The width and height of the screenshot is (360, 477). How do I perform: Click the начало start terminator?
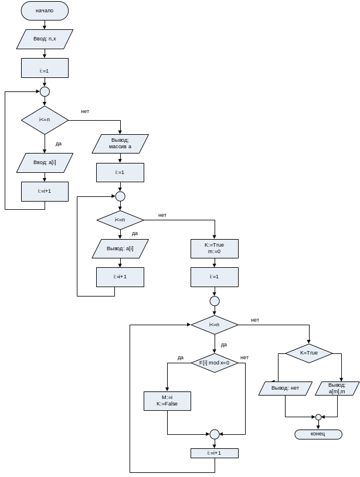(45, 11)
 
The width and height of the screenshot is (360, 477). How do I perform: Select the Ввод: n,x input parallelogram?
(45, 39)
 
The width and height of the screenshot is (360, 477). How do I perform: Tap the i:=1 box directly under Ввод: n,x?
(45, 68)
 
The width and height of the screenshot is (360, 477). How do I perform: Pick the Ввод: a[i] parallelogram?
(45, 162)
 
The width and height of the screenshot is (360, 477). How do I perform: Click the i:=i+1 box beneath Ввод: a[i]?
(45, 191)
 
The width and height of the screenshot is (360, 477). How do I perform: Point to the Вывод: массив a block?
(120, 144)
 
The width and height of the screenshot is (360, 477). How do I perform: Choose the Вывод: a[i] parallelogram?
(120, 248)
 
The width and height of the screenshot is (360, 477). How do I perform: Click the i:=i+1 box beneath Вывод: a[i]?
(120, 277)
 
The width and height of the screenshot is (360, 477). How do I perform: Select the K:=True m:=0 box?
(215, 248)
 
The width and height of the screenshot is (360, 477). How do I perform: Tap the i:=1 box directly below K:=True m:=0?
(215, 277)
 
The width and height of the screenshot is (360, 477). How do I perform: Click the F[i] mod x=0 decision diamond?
(215, 363)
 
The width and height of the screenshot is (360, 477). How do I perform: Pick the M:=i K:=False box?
(167, 401)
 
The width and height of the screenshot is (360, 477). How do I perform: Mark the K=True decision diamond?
(309, 353)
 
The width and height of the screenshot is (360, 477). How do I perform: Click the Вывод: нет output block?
(286, 388)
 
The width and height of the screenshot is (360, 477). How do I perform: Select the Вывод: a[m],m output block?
(337, 388)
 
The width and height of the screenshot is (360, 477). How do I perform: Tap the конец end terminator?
(318, 434)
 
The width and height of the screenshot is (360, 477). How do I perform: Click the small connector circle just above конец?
(318, 417)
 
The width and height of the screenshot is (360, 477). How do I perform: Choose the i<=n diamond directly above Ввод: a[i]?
(45, 120)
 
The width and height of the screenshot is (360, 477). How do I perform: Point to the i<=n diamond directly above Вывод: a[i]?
(120, 220)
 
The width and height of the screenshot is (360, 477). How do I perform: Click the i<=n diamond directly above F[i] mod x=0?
(215, 325)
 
